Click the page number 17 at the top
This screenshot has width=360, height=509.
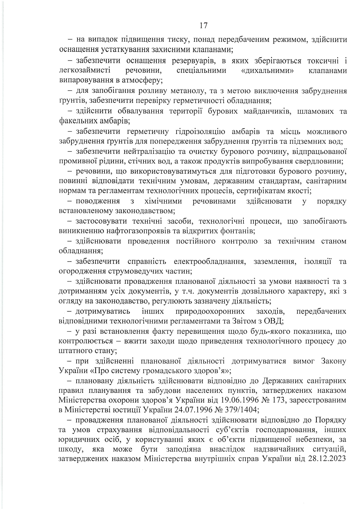pyautogui.click(x=204, y=26)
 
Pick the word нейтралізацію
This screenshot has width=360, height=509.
pyautogui.click(x=150, y=151)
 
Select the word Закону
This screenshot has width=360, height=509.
pyautogui.click(x=334, y=361)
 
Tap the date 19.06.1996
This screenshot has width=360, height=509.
pyautogui.click(x=239, y=400)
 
